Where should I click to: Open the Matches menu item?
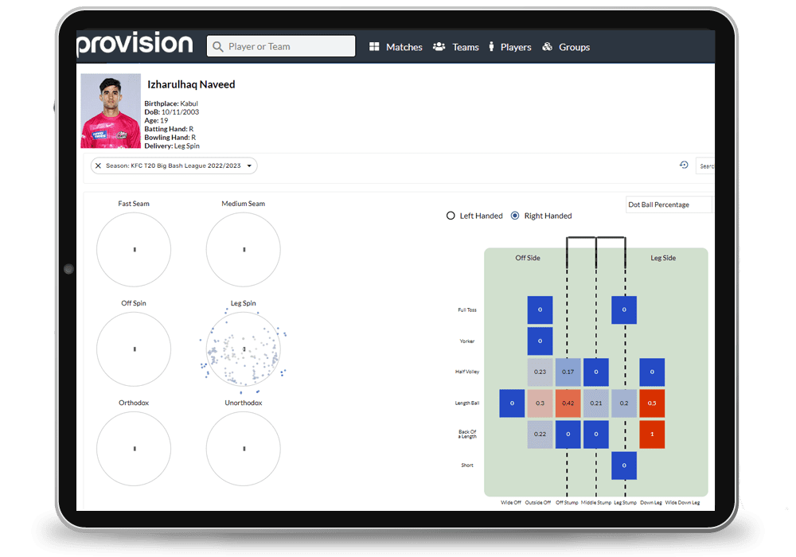tap(396, 47)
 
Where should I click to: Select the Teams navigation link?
tap(456, 47)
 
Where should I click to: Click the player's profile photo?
tap(111, 111)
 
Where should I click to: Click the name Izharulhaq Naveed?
tap(191, 84)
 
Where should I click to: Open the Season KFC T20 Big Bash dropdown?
tap(174, 166)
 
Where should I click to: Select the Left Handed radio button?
tap(451, 216)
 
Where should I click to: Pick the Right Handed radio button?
tap(515, 216)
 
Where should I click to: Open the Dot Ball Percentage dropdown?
tap(668, 205)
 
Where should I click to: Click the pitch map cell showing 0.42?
tap(568, 403)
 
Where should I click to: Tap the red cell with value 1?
tap(652, 434)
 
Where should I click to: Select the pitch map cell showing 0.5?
tap(652, 403)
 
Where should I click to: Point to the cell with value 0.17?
tap(568, 372)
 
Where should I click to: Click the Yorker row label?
tap(466, 341)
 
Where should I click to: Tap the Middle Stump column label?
tap(595, 503)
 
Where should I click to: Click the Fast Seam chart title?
tap(134, 204)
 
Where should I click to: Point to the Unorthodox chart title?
tap(243, 403)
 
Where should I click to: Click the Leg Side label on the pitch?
tap(663, 258)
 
